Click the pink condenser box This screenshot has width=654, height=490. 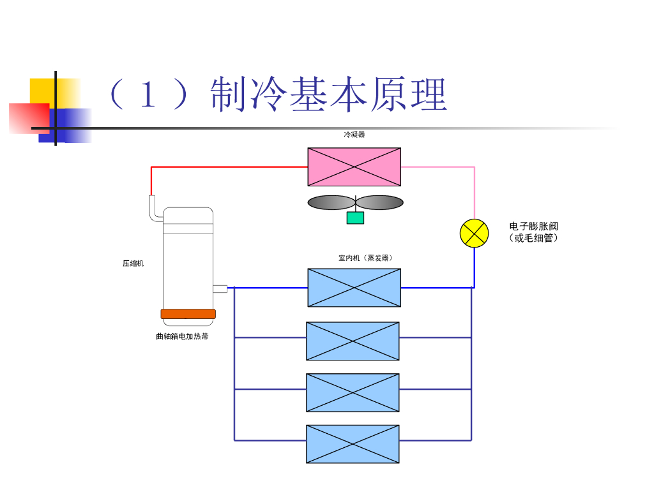pyautogui.click(x=354, y=167)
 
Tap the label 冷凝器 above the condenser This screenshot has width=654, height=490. pyautogui.click(x=354, y=135)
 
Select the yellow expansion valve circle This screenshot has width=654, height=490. pyautogui.click(x=475, y=232)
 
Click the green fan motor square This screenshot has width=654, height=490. pyautogui.click(x=355, y=218)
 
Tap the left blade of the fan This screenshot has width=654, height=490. pyautogui.click(x=331, y=202)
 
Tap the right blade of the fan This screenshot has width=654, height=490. pyautogui.click(x=380, y=202)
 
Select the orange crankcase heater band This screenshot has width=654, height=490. pyautogui.click(x=188, y=313)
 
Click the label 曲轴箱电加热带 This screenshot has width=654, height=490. pyautogui.click(x=182, y=336)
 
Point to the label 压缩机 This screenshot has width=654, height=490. pyautogui.click(x=133, y=263)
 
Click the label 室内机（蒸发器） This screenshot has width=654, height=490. pyautogui.click(x=365, y=258)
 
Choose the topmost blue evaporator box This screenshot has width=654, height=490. pyautogui.click(x=354, y=287)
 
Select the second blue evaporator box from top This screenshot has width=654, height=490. pyautogui.click(x=353, y=341)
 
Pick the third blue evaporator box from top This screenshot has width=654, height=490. pyautogui.click(x=353, y=392)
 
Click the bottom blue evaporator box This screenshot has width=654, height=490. pyautogui.click(x=353, y=443)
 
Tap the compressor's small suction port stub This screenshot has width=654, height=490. pyautogui.click(x=220, y=288)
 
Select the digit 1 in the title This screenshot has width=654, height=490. pyautogui.click(x=148, y=96)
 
